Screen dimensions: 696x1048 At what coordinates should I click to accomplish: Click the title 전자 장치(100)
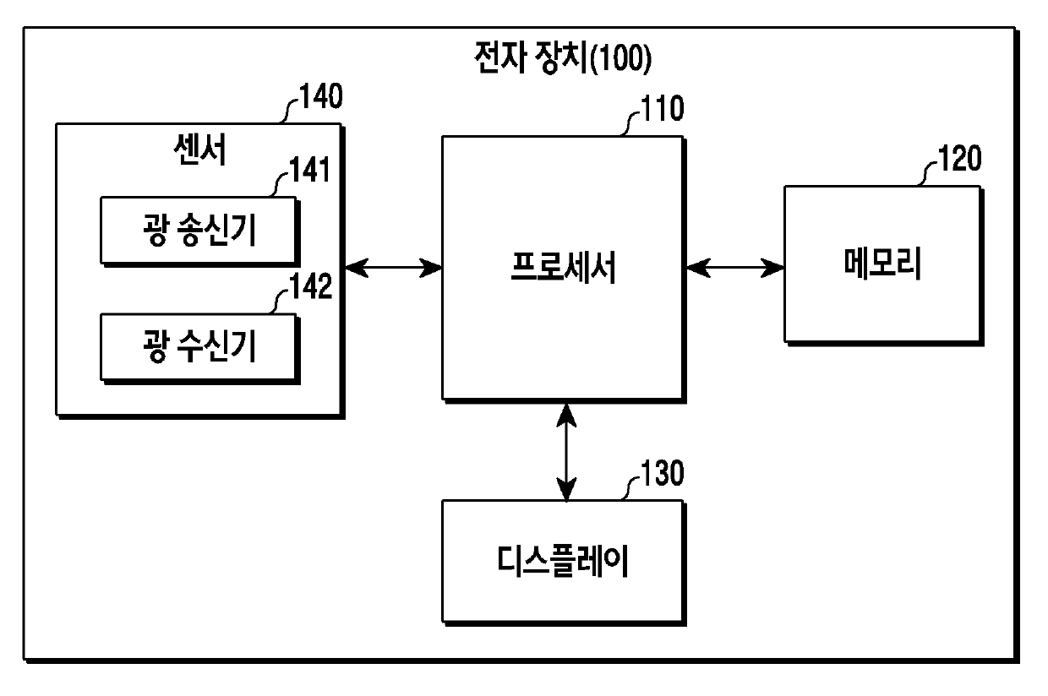(x=560, y=58)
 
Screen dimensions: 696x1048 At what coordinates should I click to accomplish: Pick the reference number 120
(x=958, y=159)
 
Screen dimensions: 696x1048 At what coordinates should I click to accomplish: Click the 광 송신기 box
(x=198, y=230)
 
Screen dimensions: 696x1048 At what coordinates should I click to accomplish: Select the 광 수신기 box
(x=198, y=346)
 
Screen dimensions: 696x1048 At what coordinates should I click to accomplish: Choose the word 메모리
(x=882, y=265)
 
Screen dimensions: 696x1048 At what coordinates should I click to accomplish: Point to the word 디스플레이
(x=563, y=561)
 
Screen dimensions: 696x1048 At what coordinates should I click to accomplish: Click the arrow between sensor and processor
(x=393, y=269)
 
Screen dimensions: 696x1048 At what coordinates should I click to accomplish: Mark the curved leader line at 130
(x=629, y=487)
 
